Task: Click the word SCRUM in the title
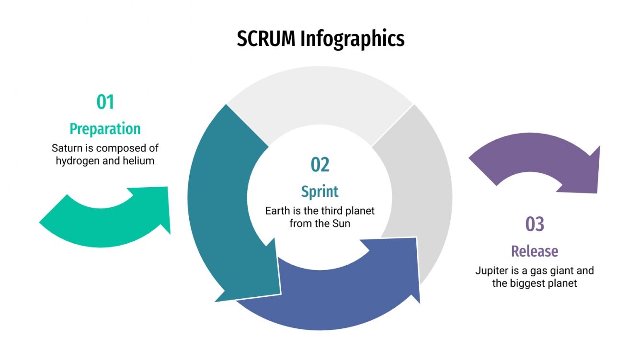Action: click(x=266, y=39)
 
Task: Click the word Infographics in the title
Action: click(x=353, y=39)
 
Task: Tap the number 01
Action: click(x=105, y=102)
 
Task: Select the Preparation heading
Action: click(x=105, y=129)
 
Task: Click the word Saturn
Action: click(x=66, y=148)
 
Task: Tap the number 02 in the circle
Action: click(x=320, y=165)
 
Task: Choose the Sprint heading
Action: click(x=320, y=191)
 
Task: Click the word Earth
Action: click(x=278, y=211)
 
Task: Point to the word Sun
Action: click(x=342, y=224)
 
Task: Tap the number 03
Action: click(x=535, y=224)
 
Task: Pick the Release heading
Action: click(x=535, y=251)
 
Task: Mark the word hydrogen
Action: click(x=77, y=161)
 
